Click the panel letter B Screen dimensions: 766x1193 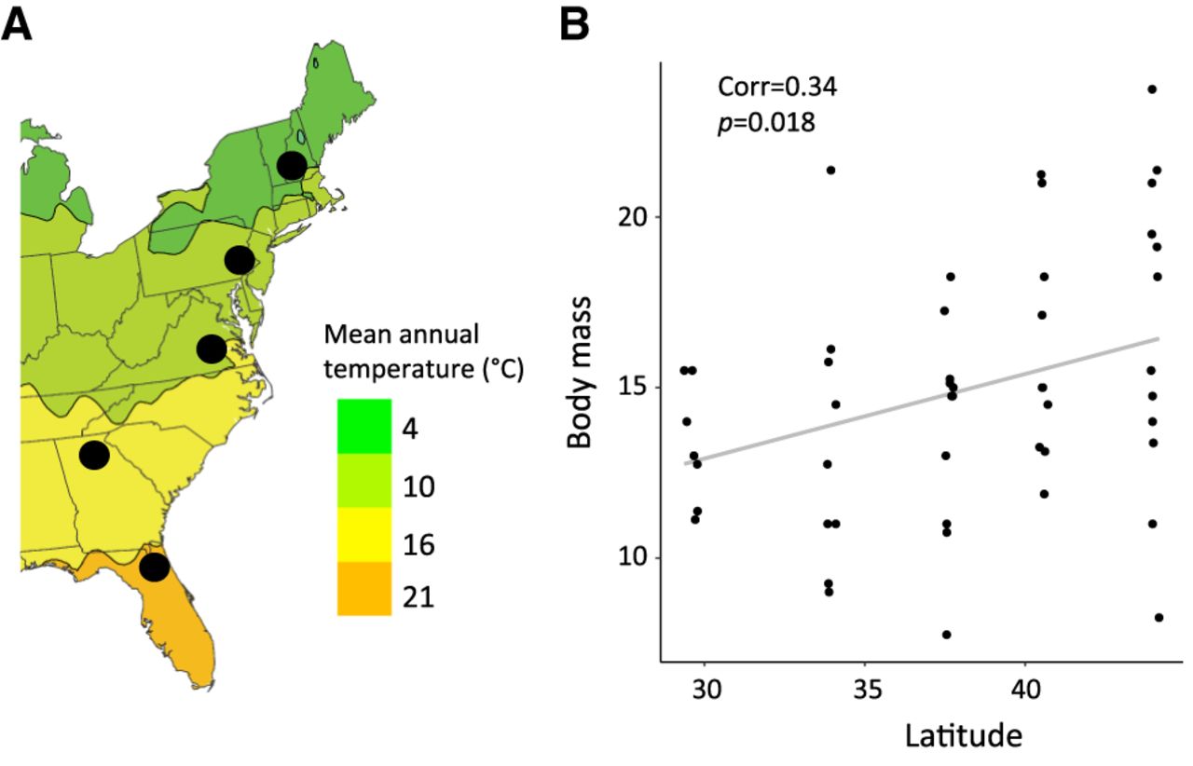(574, 26)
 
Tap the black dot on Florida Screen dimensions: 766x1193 (155, 567)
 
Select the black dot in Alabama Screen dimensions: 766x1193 (94, 455)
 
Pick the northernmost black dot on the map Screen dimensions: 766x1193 (292, 165)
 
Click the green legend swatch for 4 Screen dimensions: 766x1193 (363, 426)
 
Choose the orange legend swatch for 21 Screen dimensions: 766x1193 (363, 588)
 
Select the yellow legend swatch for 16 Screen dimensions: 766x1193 (363, 535)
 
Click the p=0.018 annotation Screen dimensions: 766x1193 (766, 123)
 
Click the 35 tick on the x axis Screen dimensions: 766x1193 (864, 696)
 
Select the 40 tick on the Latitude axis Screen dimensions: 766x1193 (1024, 696)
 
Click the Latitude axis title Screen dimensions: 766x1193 (963, 735)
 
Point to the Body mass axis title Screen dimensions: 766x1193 (580, 387)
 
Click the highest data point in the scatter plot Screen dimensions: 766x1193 (1152, 89)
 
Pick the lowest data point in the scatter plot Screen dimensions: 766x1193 (946, 635)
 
